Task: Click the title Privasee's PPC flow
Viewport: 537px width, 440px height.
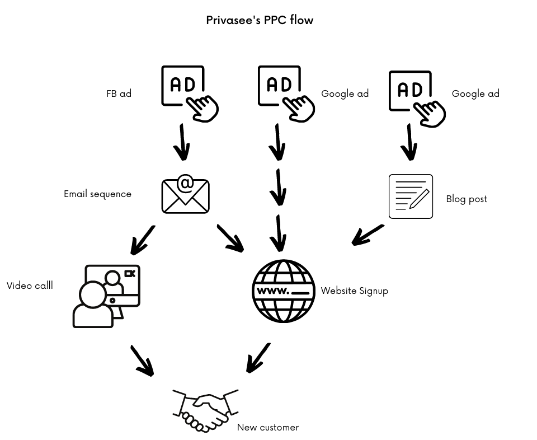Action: click(260, 20)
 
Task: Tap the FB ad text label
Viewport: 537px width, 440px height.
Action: click(119, 93)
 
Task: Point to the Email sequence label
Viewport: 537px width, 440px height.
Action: click(97, 194)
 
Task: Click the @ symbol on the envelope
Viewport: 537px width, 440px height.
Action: click(185, 184)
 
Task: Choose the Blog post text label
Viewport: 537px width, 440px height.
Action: click(467, 199)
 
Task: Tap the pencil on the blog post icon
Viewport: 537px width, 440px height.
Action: click(420, 198)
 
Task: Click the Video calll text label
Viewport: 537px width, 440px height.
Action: click(30, 285)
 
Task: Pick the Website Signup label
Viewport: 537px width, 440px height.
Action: click(354, 291)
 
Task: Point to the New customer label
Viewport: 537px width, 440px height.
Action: click(268, 427)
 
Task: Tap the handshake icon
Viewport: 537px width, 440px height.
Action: click(205, 410)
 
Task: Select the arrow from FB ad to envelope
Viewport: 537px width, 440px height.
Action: click(182, 142)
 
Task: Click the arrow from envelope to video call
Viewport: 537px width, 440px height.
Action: click(142, 240)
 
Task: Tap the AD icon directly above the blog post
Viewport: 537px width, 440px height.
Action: click(414, 96)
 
